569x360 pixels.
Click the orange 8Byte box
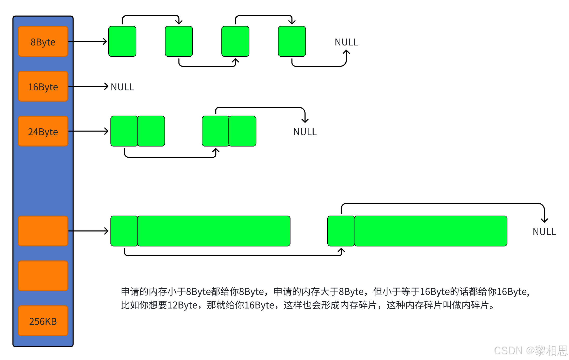pyautogui.click(x=43, y=42)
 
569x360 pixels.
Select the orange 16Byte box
pyautogui.click(x=43, y=86)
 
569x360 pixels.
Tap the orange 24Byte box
pyautogui.click(x=43, y=131)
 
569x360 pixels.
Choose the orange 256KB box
pyautogui.click(x=43, y=321)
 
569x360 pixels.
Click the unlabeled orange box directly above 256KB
pyautogui.click(x=43, y=276)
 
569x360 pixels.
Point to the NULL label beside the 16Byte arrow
pyautogui.click(x=122, y=87)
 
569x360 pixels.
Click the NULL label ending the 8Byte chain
pyautogui.click(x=346, y=42)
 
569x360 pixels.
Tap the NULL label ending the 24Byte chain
pyautogui.click(x=305, y=132)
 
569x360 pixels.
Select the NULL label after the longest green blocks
pyautogui.click(x=544, y=232)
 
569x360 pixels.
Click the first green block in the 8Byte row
pyautogui.click(x=122, y=41)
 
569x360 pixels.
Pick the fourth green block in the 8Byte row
pyautogui.click(x=292, y=41)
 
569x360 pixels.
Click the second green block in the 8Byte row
pyautogui.click(x=179, y=41)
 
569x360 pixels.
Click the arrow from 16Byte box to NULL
pyautogui.click(x=88, y=86)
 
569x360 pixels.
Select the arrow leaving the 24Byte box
pyautogui.click(x=88, y=131)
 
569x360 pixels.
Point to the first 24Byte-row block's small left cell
pyautogui.click(x=124, y=131)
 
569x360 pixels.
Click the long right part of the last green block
pyautogui.click(x=431, y=231)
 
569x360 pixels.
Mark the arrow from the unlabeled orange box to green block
pyautogui.click(x=88, y=231)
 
